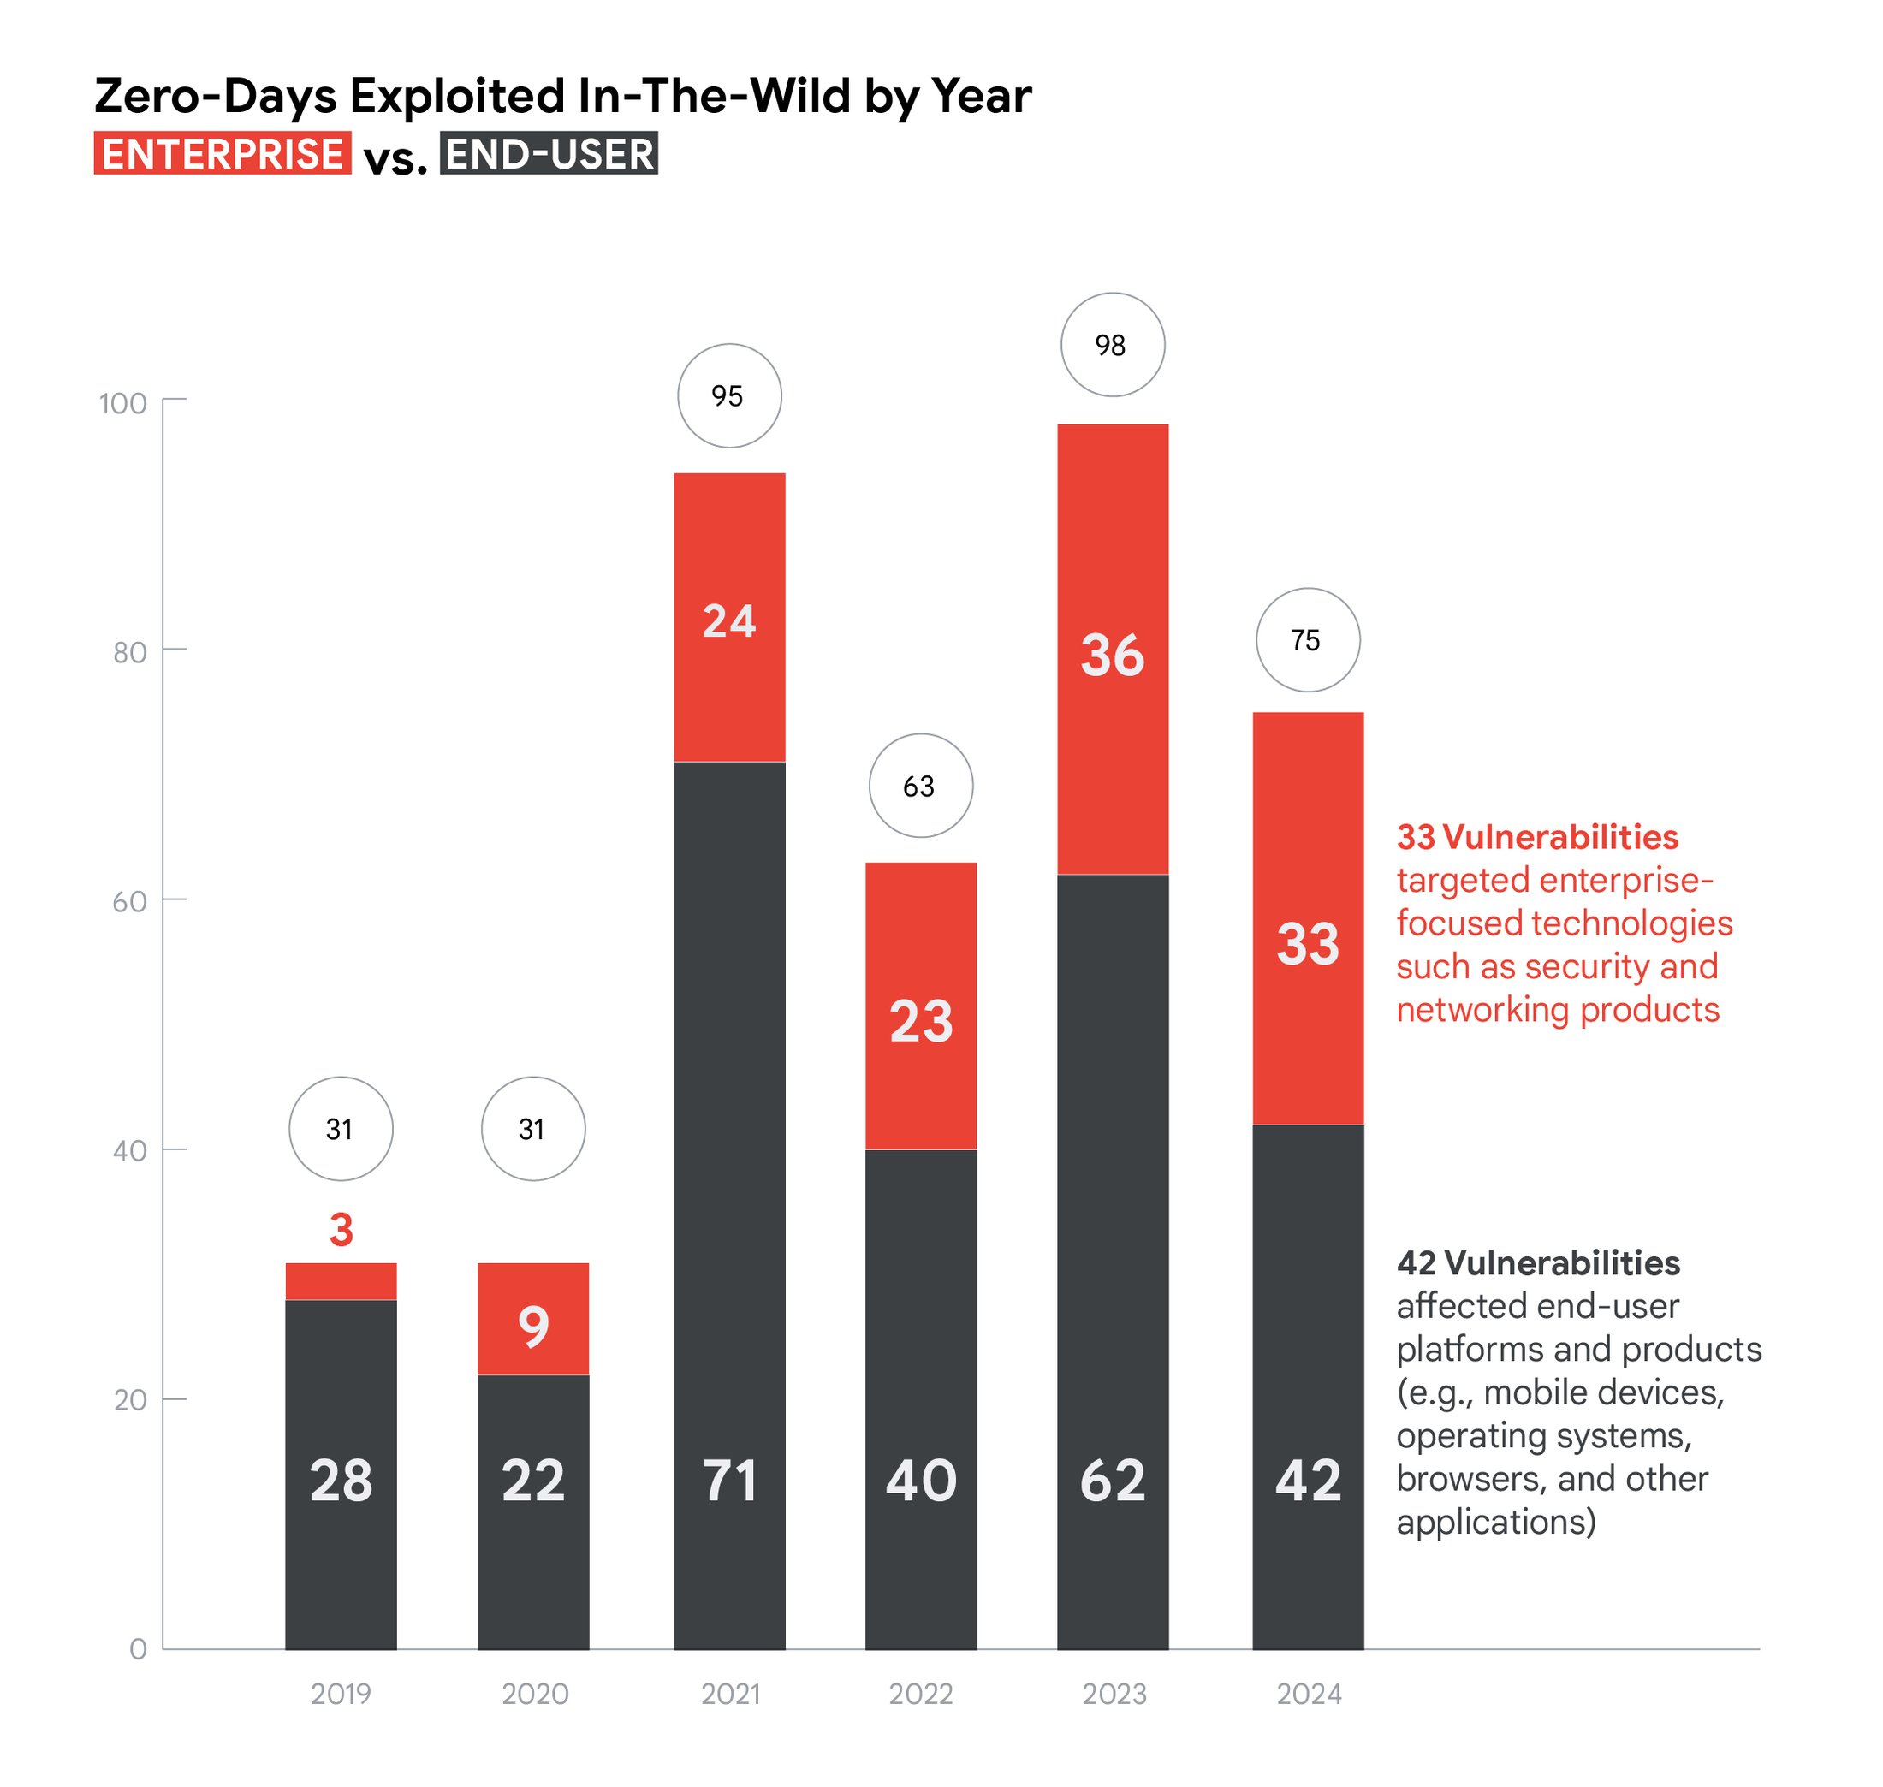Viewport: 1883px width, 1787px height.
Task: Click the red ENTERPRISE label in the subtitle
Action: tap(222, 153)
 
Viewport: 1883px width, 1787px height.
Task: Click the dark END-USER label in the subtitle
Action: tap(548, 153)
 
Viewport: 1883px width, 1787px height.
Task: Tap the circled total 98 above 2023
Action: tap(1112, 345)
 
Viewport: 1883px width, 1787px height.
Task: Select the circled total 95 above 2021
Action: tap(728, 395)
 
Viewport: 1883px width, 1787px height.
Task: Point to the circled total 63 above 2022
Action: tap(919, 786)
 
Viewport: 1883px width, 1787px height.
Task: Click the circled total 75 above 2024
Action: tap(1307, 640)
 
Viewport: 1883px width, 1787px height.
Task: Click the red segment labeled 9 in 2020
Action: tap(532, 1324)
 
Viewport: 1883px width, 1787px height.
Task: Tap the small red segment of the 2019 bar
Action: tap(340, 1281)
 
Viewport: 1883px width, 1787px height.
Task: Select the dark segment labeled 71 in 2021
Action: tap(728, 1143)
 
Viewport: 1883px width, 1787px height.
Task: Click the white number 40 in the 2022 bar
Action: tap(920, 1481)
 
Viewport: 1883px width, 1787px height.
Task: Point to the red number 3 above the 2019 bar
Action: tap(341, 1230)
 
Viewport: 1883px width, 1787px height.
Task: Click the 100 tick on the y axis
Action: tap(124, 403)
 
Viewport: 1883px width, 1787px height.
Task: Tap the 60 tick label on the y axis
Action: tap(129, 901)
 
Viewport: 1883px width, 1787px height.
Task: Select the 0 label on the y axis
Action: tap(138, 1649)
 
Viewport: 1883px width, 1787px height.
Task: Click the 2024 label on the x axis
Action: tap(1308, 1694)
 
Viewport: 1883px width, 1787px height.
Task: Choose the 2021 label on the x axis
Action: tap(729, 1694)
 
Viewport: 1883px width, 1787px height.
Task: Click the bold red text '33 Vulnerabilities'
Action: tap(1536, 837)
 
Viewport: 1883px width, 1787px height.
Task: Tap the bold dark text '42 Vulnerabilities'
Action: tap(1537, 1263)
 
